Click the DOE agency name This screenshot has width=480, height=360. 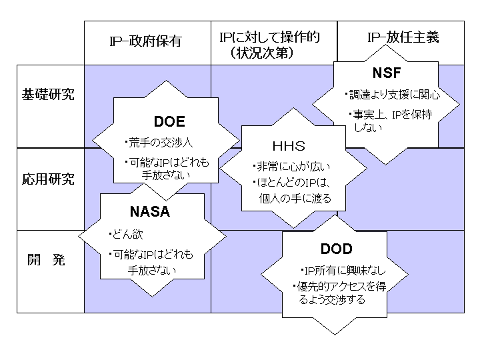(x=169, y=122)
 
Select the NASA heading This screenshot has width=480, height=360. (x=150, y=213)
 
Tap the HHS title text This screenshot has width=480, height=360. (x=287, y=146)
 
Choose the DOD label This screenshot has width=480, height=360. (x=336, y=249)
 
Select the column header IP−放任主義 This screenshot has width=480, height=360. (x=403, y=37)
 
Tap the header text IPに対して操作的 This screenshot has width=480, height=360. (x=269, y=37)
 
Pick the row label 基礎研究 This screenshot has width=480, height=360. (x=49, y=94)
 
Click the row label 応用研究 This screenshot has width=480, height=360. (x=49, y=179)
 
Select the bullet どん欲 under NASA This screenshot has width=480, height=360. (x=128, y=235)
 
